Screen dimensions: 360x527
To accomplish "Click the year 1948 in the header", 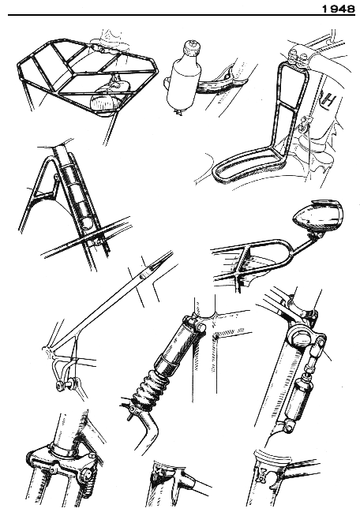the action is pos(338,9).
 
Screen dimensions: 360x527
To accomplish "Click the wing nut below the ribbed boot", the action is pos(132,412).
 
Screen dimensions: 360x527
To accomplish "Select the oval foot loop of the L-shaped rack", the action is pos(245,168).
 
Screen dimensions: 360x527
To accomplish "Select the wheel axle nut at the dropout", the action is pos(62,386).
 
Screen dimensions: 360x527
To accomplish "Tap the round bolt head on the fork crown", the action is pos(88,475).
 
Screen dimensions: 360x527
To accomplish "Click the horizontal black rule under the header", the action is pos(182,15).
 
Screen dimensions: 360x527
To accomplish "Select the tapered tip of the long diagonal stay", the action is pos(158,266).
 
